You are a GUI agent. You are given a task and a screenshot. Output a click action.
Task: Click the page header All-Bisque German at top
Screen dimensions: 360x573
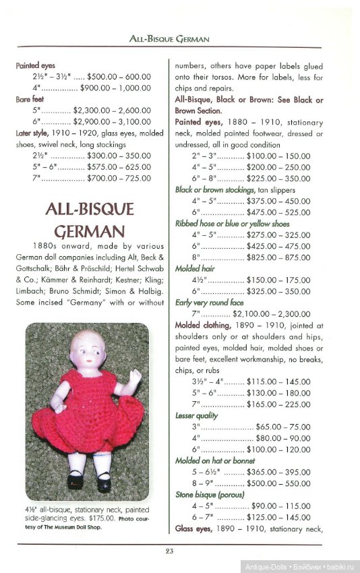(169, 39)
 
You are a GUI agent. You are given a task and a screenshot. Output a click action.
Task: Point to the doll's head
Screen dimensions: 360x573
(88, 350)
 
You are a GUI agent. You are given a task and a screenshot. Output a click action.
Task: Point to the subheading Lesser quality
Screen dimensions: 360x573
(196, 416)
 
